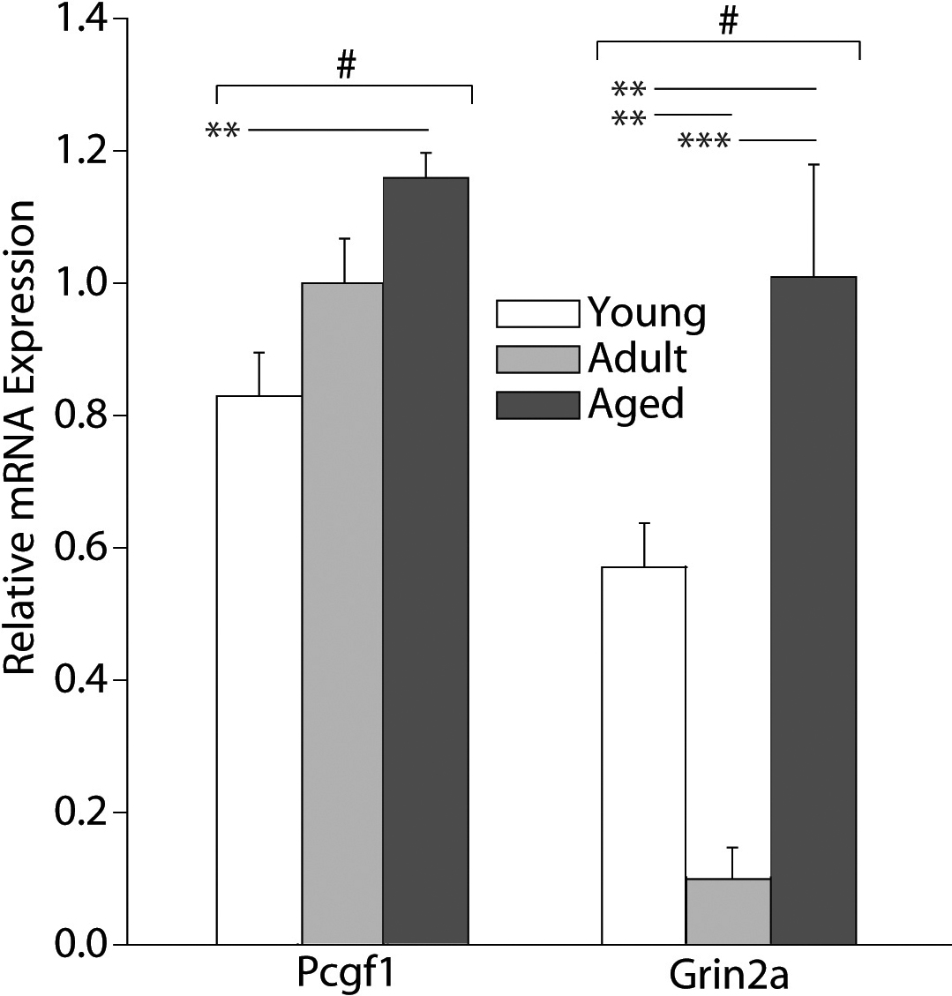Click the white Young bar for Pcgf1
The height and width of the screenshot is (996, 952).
pyautogui.click(x=259, y=670)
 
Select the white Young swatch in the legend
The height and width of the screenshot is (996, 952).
pyautogui.click(x=538, y=314)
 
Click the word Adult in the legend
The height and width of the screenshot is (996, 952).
pyautogui.click(x=637, y=358)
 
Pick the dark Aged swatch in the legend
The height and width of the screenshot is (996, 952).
pyautogui.click(x=538, y=404)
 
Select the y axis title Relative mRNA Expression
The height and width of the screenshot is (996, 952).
pyautogui.click(x=21, y=437)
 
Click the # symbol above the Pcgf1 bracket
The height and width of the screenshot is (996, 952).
pyautogui.click(x=345, y=67)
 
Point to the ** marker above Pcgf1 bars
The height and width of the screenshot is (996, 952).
pyautogui.click(x=222, y=131)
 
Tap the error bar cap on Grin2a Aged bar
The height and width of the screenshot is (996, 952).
pyautogui.click(x=813, y=164)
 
